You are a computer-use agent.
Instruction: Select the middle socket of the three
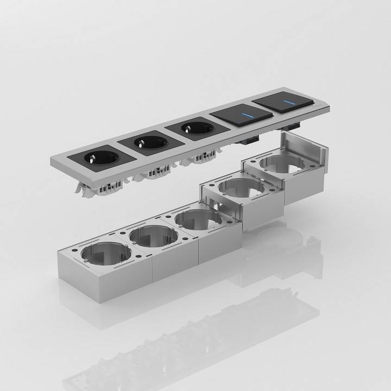[x=146, y=143]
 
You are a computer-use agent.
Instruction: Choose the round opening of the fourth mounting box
[x=241, y=189]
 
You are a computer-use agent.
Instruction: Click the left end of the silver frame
[x=54, y=161]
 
